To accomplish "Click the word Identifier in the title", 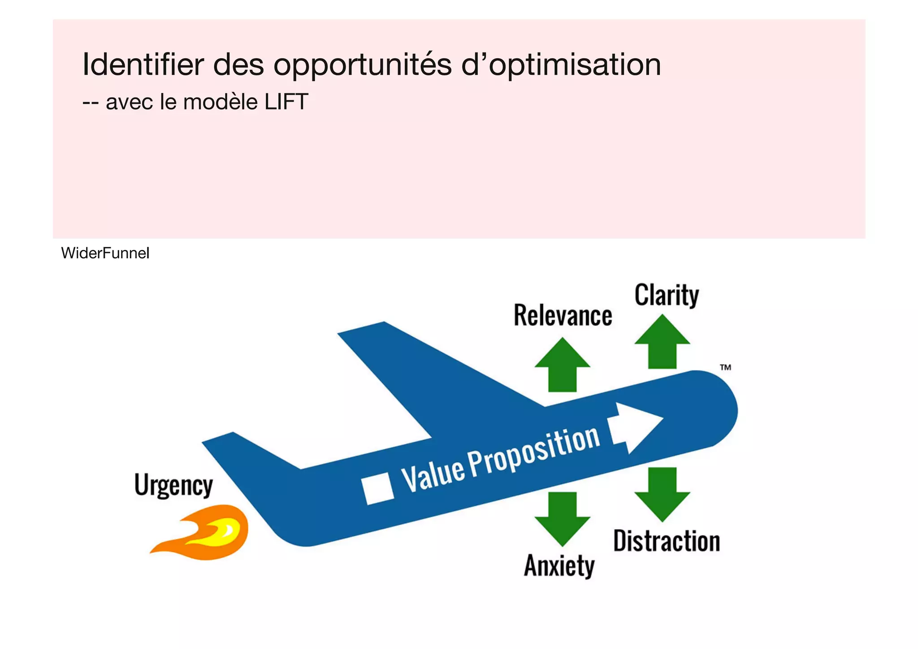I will [x=143, y=65].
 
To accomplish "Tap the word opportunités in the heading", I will [x=362, y=65].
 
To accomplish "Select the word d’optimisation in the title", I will [x=561, y=65].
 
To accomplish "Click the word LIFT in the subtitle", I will [x=286, y=102].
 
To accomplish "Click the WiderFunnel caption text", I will [x=105, y=253].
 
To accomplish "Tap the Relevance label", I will [x=563, y=315].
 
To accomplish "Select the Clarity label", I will [x=667, y=295].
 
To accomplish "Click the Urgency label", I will [x=173, y=485].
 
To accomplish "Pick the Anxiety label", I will [x=559, y=565].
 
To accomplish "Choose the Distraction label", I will [x=667, y=541].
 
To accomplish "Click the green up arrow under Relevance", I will [x=562, y=366].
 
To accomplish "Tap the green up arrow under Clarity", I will [x=662, y=342].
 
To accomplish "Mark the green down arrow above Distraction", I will [x=662, y=494].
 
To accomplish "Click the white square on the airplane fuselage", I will [x=378, y=488].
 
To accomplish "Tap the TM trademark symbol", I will [x=725, y=367].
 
